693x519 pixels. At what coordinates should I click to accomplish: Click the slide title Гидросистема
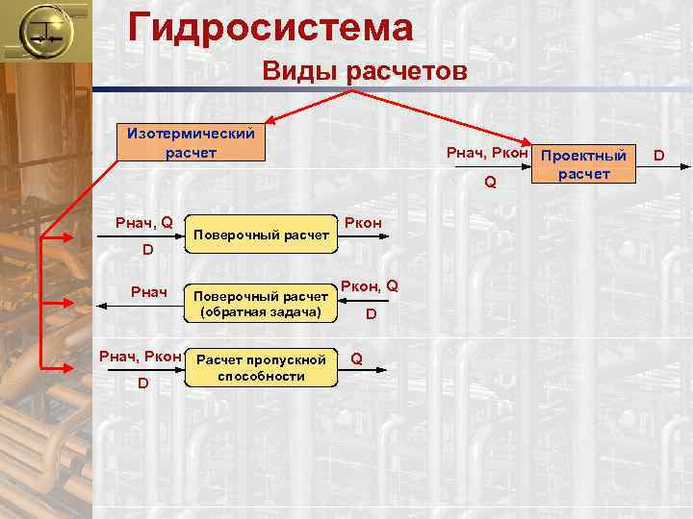pyautogui.click(x=270, y=26)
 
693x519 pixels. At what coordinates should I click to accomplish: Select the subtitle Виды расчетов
pyautogui.click(x=365, y=72)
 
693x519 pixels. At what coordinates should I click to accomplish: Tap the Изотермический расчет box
pyautogui.click(x=186, y=142)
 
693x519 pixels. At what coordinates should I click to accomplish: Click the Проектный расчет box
pyautogui.click(x=583, y=163)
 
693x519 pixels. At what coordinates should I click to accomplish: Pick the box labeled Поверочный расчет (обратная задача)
pyautogui.click(x=262, y=304)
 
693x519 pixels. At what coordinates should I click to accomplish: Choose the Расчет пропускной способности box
pyautogui.click(x=261, y=367)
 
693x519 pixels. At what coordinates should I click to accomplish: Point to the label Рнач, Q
pyautogui.click(x=143, y=223)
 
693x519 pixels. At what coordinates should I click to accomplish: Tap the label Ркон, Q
pyautogui.click(x=371, y=285)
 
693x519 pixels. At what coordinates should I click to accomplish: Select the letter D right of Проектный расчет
pyautogui.click(x=659, y=152)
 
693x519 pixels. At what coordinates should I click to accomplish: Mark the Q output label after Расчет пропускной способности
pyautogui.click(x=357, y=358)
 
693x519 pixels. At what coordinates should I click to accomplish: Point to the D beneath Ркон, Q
pyautogui.click(x=371, y=314)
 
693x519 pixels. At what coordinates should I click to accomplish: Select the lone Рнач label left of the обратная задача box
pyautogui.click(x=149, y=292)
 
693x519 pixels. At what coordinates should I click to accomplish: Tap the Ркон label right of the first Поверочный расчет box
pyautogui.click(x=363, y=223)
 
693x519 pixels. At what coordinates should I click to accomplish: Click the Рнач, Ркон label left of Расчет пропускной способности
pyautogui.click(x=141, y=357)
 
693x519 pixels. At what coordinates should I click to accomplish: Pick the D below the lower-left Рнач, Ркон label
pyautogui.click(x=142, y=383)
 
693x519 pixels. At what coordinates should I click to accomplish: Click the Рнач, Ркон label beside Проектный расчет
pyautogui.click(x=487, y=153)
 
